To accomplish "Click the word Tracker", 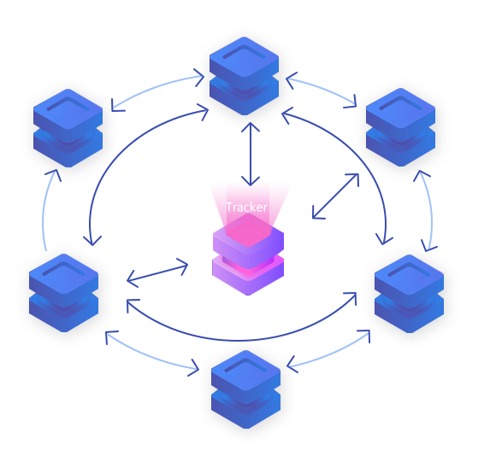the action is tap(247, 208).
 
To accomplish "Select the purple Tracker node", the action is tap(248, 254).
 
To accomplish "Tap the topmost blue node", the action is tap(244, 76).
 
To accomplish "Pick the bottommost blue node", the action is tap(245, 389).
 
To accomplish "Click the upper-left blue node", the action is tap(68, 128).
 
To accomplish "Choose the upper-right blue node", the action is tap(400, 127).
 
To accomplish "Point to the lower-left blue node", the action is tap(63, 293).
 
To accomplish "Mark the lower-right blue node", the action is tap(409, 294).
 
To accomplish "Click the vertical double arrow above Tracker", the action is tap(251, 155).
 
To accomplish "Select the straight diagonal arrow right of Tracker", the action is tap(335, 196).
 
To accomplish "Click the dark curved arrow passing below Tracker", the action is tap(240, 341).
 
